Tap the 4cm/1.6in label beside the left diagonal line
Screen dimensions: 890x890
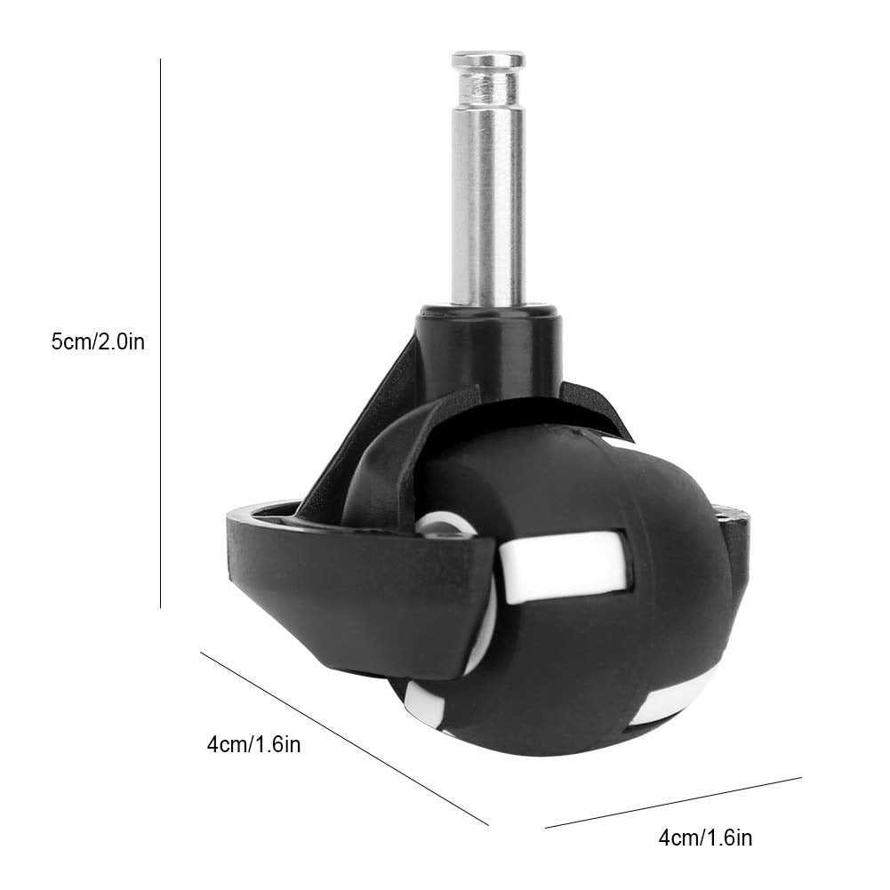click(253, 744)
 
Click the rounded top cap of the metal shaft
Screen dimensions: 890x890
click(486, 61)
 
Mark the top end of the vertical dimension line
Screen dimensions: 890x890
click(160, 60)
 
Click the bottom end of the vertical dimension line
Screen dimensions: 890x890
click(160, 606)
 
